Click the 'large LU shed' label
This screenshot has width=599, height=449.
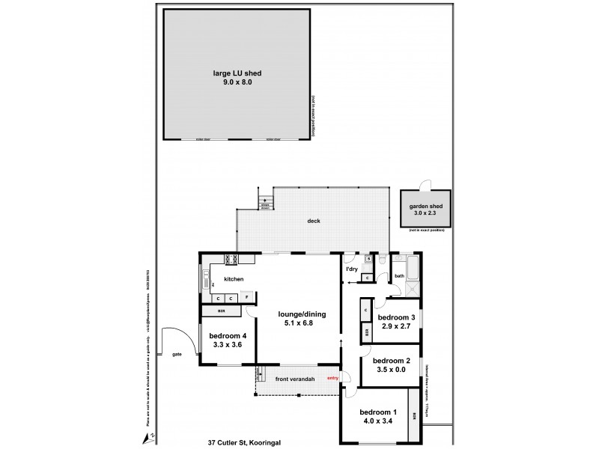click(237, 73)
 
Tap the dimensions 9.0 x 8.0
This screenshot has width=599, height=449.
click(237, 82)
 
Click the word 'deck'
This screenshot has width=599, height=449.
click(314, 221)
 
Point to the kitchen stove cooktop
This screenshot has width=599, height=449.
click(231, 260)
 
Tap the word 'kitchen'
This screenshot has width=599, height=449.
click(234, 279)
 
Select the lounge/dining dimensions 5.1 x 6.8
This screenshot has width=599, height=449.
click(299, 324)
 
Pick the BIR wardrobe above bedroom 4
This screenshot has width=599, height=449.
click(222, 311)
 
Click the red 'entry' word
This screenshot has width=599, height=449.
click(333, 378)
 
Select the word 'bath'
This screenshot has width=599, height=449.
click(399, 275)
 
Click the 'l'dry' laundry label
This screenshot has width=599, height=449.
click(351, 269)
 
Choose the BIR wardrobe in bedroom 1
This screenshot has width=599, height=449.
click(415, 415)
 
